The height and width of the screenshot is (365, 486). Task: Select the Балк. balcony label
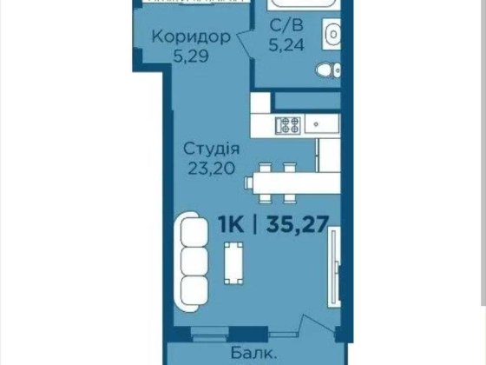pyautogui.click(x=254, y=355)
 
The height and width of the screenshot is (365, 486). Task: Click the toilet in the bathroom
pyautogui.click(x=326, y=71)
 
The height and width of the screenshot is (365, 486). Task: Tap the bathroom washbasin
pyautogui.click(x=330, y=35)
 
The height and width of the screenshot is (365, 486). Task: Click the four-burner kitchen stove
pyautogui.click(x=287, y=124)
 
